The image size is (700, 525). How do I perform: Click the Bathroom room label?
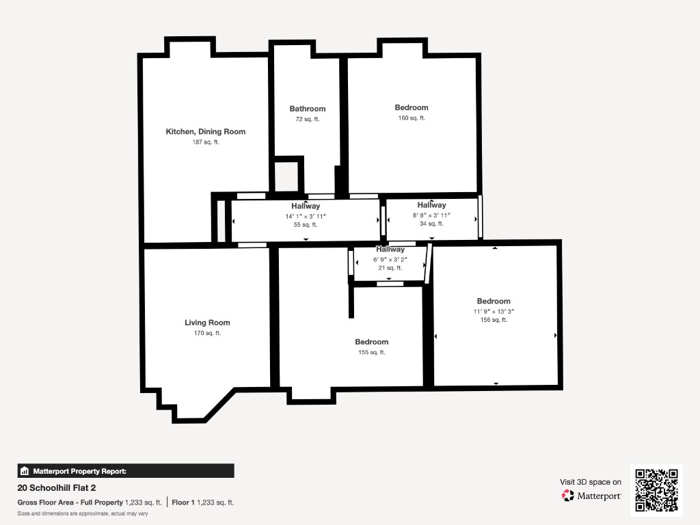coord(308,109)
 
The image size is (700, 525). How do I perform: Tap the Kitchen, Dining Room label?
coord(205,132)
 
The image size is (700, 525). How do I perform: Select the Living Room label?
coord(207,323)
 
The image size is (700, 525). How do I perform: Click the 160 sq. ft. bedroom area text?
coord(412,118)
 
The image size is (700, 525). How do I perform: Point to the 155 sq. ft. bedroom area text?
coord(371,352)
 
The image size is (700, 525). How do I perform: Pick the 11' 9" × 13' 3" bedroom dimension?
coord(494,312)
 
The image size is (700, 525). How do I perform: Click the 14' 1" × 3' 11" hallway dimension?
coord(306,216)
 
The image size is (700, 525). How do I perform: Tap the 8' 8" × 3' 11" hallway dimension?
coord(431,215)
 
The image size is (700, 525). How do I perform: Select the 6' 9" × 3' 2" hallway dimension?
coord(390,259)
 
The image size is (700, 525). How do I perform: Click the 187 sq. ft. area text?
coord(206,142)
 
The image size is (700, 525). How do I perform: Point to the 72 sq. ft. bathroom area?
coord(308,119)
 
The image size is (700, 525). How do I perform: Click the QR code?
coord(656,489)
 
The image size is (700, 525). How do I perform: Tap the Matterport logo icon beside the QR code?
coord(567,496)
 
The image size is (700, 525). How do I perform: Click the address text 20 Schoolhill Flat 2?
coord(57,488)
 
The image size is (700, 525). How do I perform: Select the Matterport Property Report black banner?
coord(126,471)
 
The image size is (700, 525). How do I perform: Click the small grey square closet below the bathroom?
coord(286,177)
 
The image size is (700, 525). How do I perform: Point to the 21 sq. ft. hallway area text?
coord(390,268)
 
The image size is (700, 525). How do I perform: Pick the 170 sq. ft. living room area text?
coord(207,333)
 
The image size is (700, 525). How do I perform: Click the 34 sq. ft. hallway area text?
coord(431,224)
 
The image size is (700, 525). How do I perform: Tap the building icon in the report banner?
coord(25,471)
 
